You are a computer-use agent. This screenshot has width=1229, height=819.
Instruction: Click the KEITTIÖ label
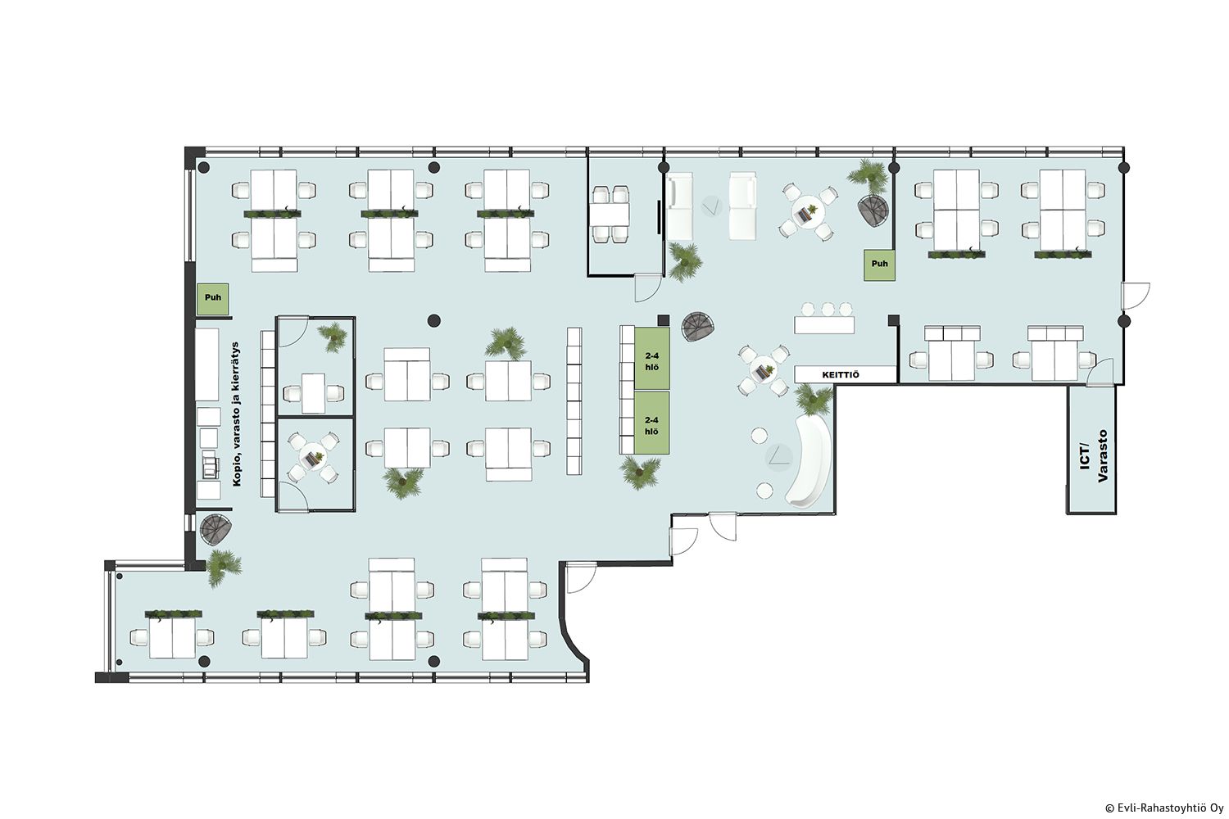tap(840, 374)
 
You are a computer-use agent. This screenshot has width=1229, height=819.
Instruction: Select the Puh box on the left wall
tap(213, 299)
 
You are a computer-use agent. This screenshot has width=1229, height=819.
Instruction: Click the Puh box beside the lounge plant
tap(879, 265)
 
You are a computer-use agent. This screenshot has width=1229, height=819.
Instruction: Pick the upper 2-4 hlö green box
tap(652, 359)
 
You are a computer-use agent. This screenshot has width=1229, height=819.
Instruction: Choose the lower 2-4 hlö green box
tap(652, 423)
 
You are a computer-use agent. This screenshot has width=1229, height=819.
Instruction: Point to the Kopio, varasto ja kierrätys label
tap(237, 414)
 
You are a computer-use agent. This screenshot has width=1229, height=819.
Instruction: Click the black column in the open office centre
tap(434, 320)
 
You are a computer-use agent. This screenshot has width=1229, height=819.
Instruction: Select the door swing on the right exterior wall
tap(1135, 296)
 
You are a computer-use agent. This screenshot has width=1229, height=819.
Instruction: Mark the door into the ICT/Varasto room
tap(1100, 373)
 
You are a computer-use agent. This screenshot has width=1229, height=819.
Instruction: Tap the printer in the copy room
tap(209, 464)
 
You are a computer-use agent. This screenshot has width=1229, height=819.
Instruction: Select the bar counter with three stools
tap(824, 318)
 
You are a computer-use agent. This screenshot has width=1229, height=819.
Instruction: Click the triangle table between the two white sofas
tap(712, 206)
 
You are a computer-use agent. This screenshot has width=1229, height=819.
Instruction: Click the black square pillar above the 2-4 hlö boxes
tap(664, 320)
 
